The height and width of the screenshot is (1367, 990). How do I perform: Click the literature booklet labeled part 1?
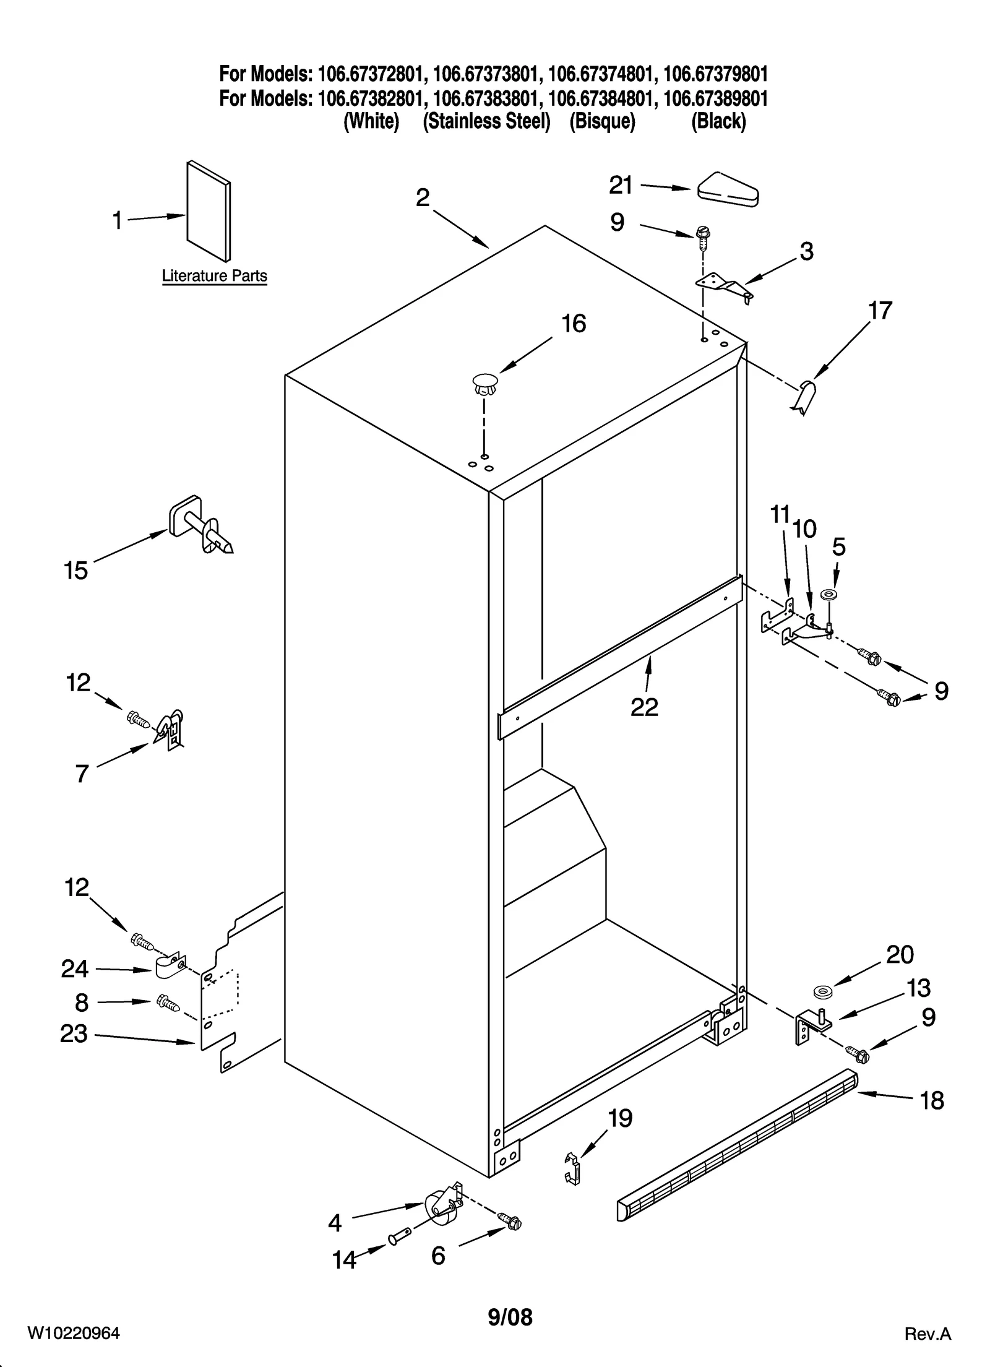209,212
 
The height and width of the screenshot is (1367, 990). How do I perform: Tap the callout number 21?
621,185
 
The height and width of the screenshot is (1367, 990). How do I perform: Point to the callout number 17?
880,311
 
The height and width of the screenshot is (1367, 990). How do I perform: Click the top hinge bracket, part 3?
724,287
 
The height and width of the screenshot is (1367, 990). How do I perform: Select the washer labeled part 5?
827,595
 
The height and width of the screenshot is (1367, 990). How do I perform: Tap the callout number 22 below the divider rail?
644,707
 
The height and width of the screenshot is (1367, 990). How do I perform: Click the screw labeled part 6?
512,1221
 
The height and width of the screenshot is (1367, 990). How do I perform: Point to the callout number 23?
74,1034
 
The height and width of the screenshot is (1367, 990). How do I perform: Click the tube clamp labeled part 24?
168,968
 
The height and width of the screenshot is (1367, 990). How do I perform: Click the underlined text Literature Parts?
214,276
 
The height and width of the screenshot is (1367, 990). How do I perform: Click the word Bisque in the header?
602,121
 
